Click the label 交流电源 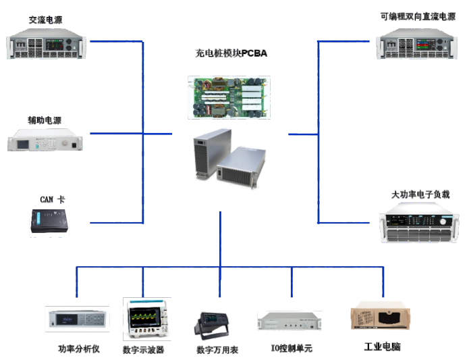(x=46, y=20)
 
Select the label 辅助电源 (x=45, y=121)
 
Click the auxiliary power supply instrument (x=46, y=142)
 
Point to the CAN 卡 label (x=52, y=200)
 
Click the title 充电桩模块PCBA (x=231, y=53)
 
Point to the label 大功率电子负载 (x=420, y=195)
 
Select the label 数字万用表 (x=217, y=349)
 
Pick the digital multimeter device (x=215, y=326)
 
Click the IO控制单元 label (x=292, y=349)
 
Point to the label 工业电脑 (x=382, y=346)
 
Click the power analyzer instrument (x=77, y=319)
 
